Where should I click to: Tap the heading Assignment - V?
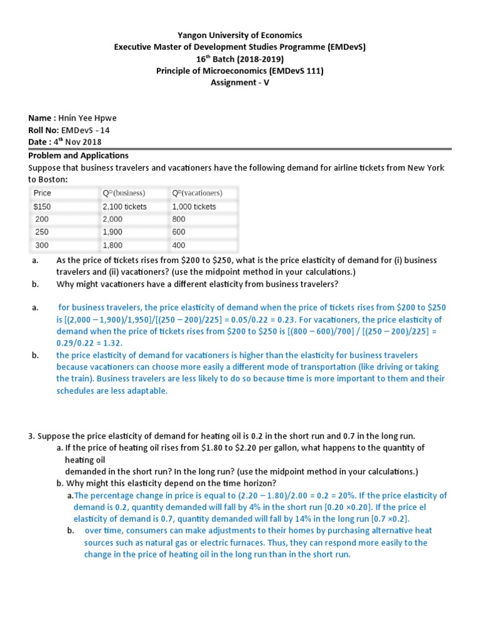click(239, 83)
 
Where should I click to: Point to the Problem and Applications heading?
click(78, 155)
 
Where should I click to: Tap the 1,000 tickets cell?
click(194, 206)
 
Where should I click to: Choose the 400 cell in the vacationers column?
click(179, 246)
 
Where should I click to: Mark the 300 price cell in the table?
click(41, 246)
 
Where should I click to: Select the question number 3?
click(31, 436)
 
